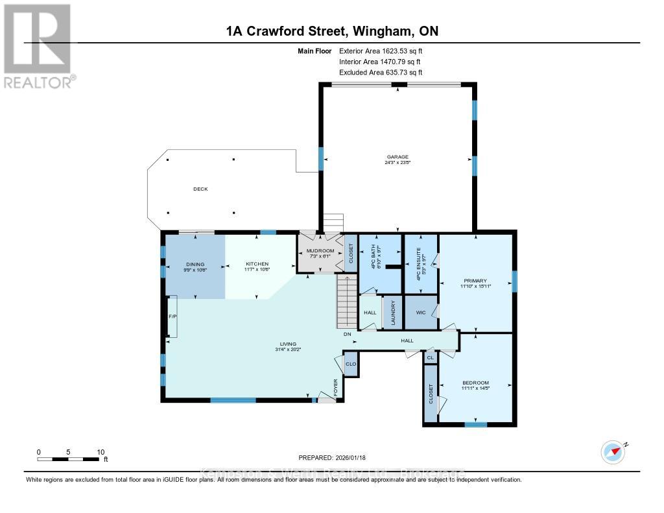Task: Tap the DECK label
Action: [x=200, y=189]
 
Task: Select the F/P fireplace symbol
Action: [x=172, y=316]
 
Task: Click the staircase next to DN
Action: [x=347, y=302]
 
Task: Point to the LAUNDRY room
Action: [x=392, y=312]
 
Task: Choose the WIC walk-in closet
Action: [x=420, y=312]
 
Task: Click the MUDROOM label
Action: [x=320, y=251]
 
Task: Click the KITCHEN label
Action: [x=257, y=264]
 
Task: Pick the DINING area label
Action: [x=195, y=264]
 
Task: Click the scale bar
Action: [x=68, y=459]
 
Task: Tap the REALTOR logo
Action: [x=38, y=46]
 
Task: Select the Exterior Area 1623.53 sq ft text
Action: [x=380, y=51]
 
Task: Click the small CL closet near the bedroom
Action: [x=430, y=357]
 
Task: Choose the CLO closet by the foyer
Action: [x=351, y=364]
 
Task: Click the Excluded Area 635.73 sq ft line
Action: [x=380, y=73]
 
